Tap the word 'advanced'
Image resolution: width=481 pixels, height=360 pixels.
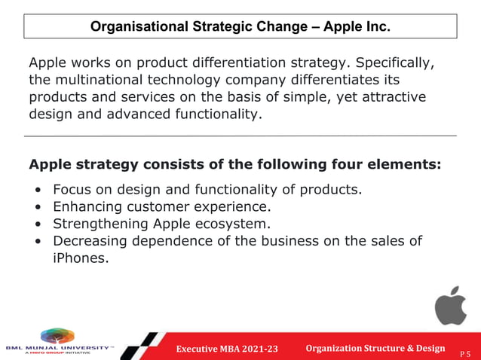tap(124, 115)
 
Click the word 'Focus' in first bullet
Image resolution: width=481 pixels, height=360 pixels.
tap(72, 189)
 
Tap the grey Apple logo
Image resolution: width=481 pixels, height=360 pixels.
tap(450, 305)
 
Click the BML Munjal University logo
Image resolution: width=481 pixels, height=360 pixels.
tap(58, 341)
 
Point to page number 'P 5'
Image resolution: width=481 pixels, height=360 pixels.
tap(468, 352)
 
